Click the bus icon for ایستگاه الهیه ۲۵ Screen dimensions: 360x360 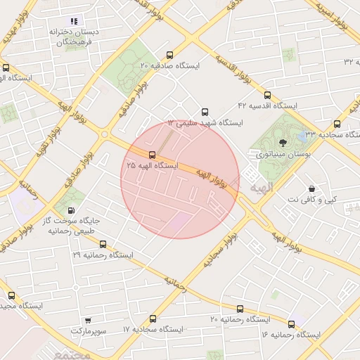[153, 155]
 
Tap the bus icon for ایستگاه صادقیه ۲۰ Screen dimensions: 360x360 [169, 55]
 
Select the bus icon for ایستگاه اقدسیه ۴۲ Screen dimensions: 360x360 [266, 95]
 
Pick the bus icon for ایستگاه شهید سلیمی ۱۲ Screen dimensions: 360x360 [205, 112]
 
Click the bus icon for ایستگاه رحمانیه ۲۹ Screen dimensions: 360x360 [103, 244]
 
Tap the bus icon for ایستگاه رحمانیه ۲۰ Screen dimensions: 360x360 [240, 309]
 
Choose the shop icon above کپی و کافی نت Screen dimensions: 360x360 [311, 188]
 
